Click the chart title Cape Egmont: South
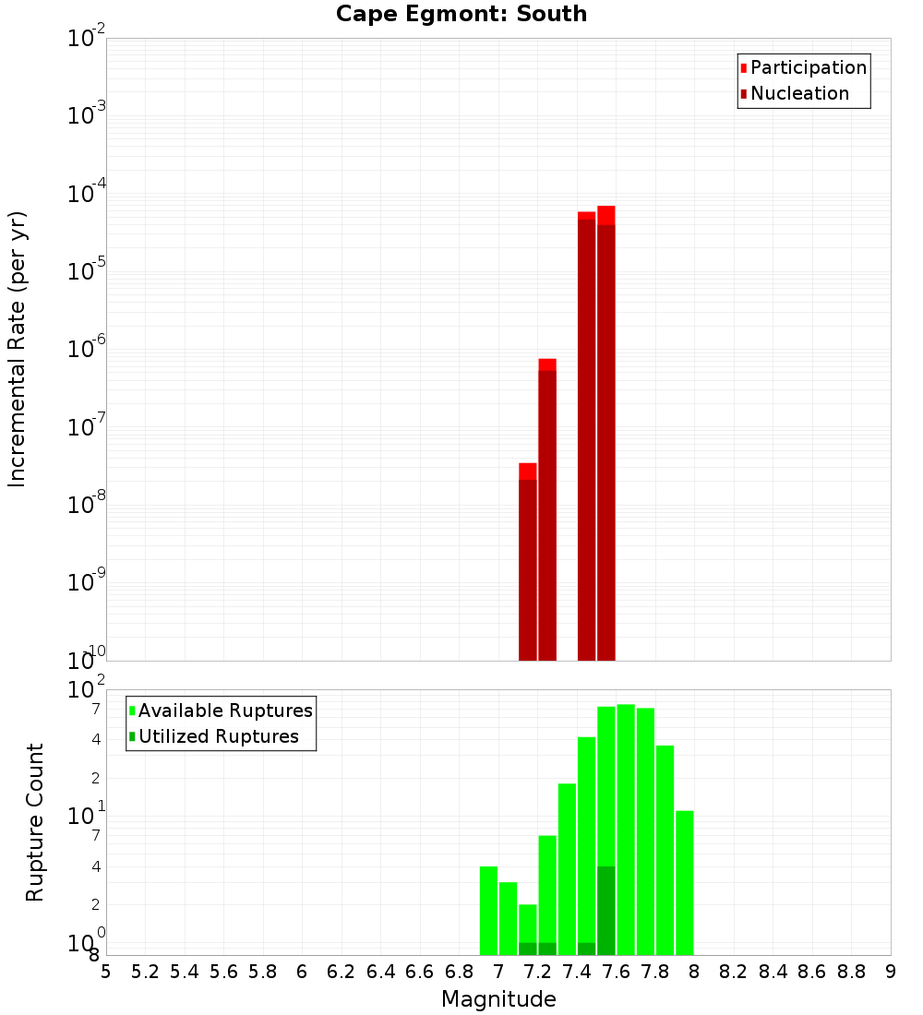[461, 14]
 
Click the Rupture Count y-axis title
[35, 822]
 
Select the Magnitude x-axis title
[498, 999]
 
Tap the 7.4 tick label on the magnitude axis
[577, 971]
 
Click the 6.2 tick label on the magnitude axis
[342, 971]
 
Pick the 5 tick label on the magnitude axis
[106, 971]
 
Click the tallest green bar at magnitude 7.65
[626, 830]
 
